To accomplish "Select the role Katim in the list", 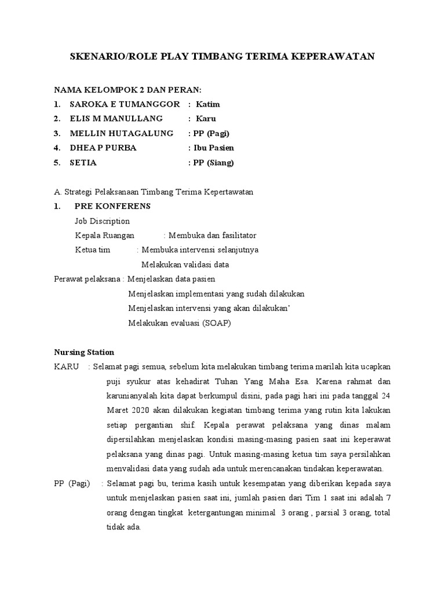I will coord(208,104).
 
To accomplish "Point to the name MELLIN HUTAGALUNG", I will coord(121,133).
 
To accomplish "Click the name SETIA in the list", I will coord(83,163).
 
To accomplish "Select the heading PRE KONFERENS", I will coord(112,206).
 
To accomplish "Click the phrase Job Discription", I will coord(102,221).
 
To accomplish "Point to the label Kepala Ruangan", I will coord(104,236).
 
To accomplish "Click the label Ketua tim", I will coord(92,250).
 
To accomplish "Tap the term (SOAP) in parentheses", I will coord(217,323).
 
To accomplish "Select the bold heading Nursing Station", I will coord(84,352).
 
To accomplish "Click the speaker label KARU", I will coord(67,367).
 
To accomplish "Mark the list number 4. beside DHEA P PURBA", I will coord(57,148).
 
